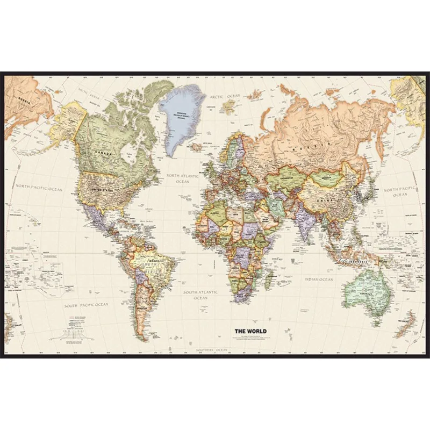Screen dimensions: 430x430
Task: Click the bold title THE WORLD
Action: pos(250,331)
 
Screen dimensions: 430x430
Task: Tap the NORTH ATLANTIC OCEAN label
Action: pos(182,178)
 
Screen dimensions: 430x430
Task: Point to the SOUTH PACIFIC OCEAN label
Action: pos(87,305)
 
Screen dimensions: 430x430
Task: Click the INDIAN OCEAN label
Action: pos(319,279)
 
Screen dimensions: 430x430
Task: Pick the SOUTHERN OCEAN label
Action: pos(212,350)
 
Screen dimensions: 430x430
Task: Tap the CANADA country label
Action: pos(104,153)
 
